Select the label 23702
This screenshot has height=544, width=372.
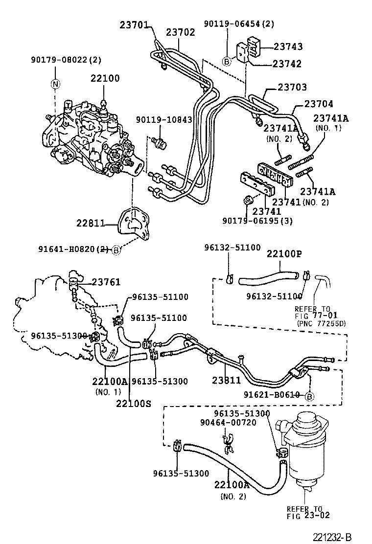click(180, 32)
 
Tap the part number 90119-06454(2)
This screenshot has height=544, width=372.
click(239, 23)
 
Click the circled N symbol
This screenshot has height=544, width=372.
click(55, 84)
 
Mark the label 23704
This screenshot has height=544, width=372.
click(319, 104)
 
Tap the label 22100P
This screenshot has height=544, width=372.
click(284, 253)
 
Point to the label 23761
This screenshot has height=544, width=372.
click(106, 282)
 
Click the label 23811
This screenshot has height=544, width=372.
click(226, 380)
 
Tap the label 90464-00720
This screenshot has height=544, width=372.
click(228, 423)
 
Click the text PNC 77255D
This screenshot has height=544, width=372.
click(321, 323)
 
